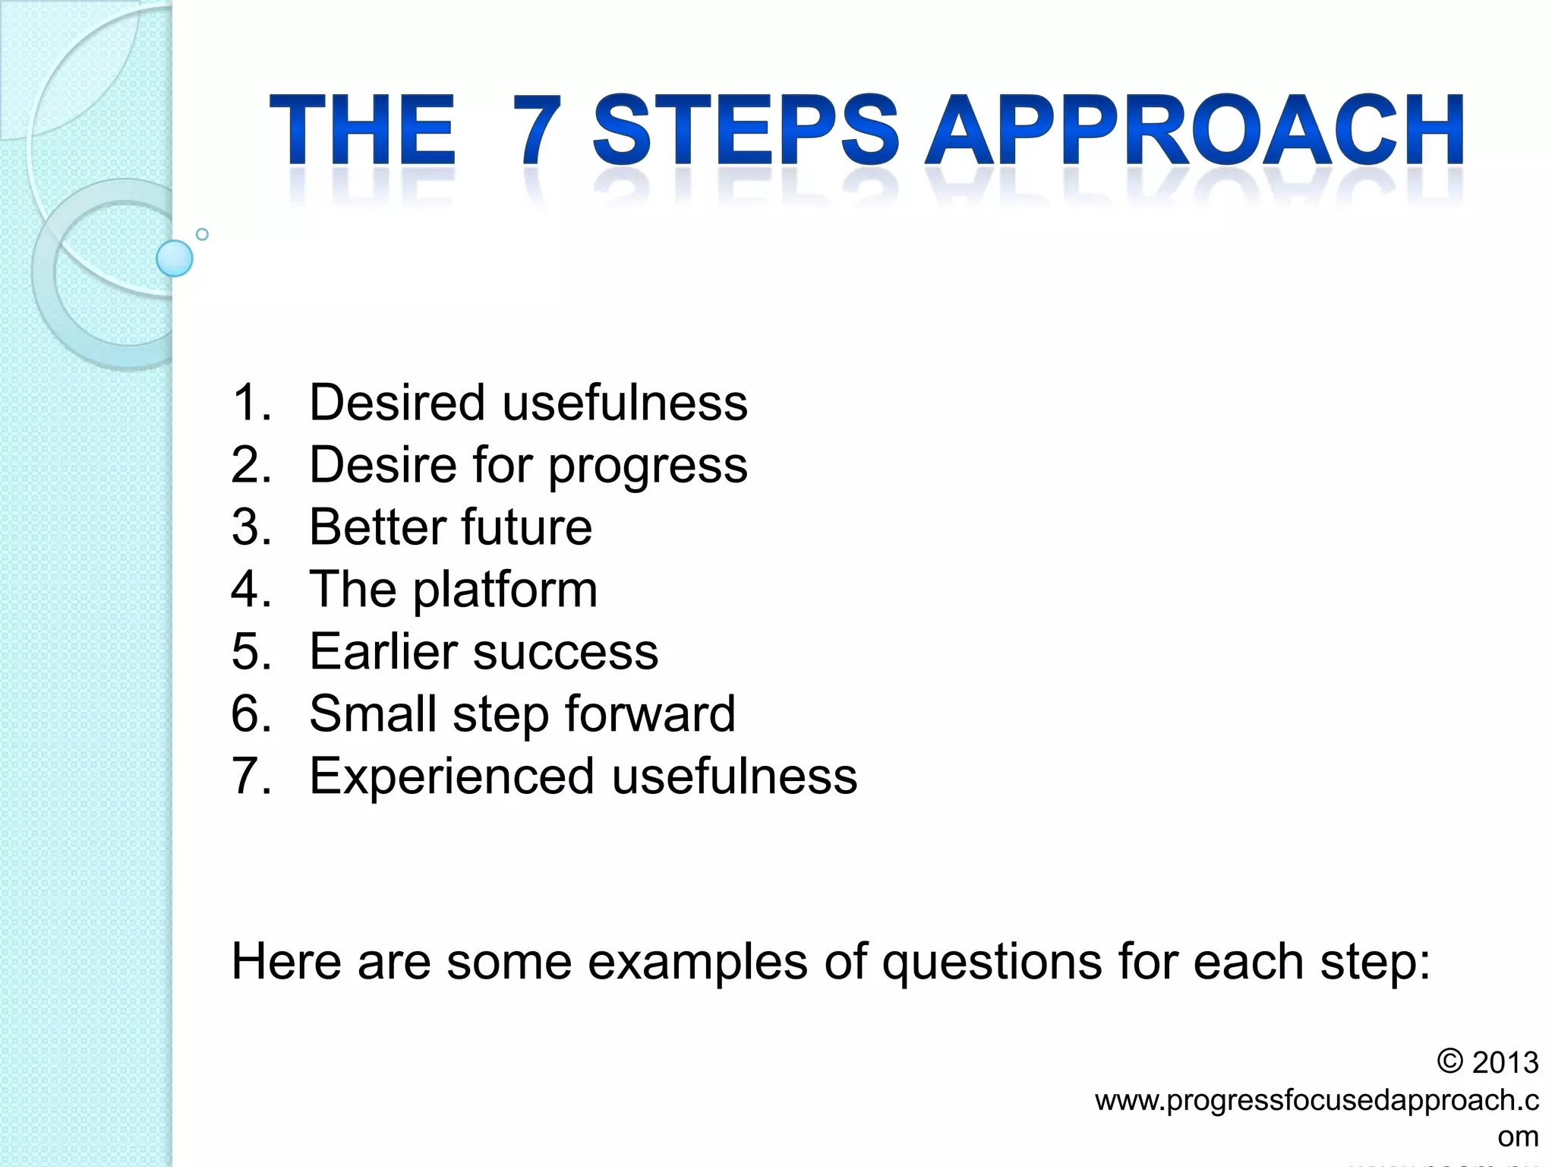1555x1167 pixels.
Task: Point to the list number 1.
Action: click(251, 402)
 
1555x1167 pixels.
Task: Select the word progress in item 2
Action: click(648, 466)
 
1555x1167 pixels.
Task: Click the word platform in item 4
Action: click(505, 590)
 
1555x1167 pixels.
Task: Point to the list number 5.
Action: click(251, 651)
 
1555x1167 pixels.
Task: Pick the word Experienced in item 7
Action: click(452, 776)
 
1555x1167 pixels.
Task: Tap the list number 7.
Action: click(251, 776)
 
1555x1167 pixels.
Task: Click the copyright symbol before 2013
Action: click(1449, 1061)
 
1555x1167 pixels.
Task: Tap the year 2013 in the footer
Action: click(1505, 1062)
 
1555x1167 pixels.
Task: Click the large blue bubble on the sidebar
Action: click(175, 258)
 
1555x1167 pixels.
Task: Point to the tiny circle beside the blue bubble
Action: click(202, 234)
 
